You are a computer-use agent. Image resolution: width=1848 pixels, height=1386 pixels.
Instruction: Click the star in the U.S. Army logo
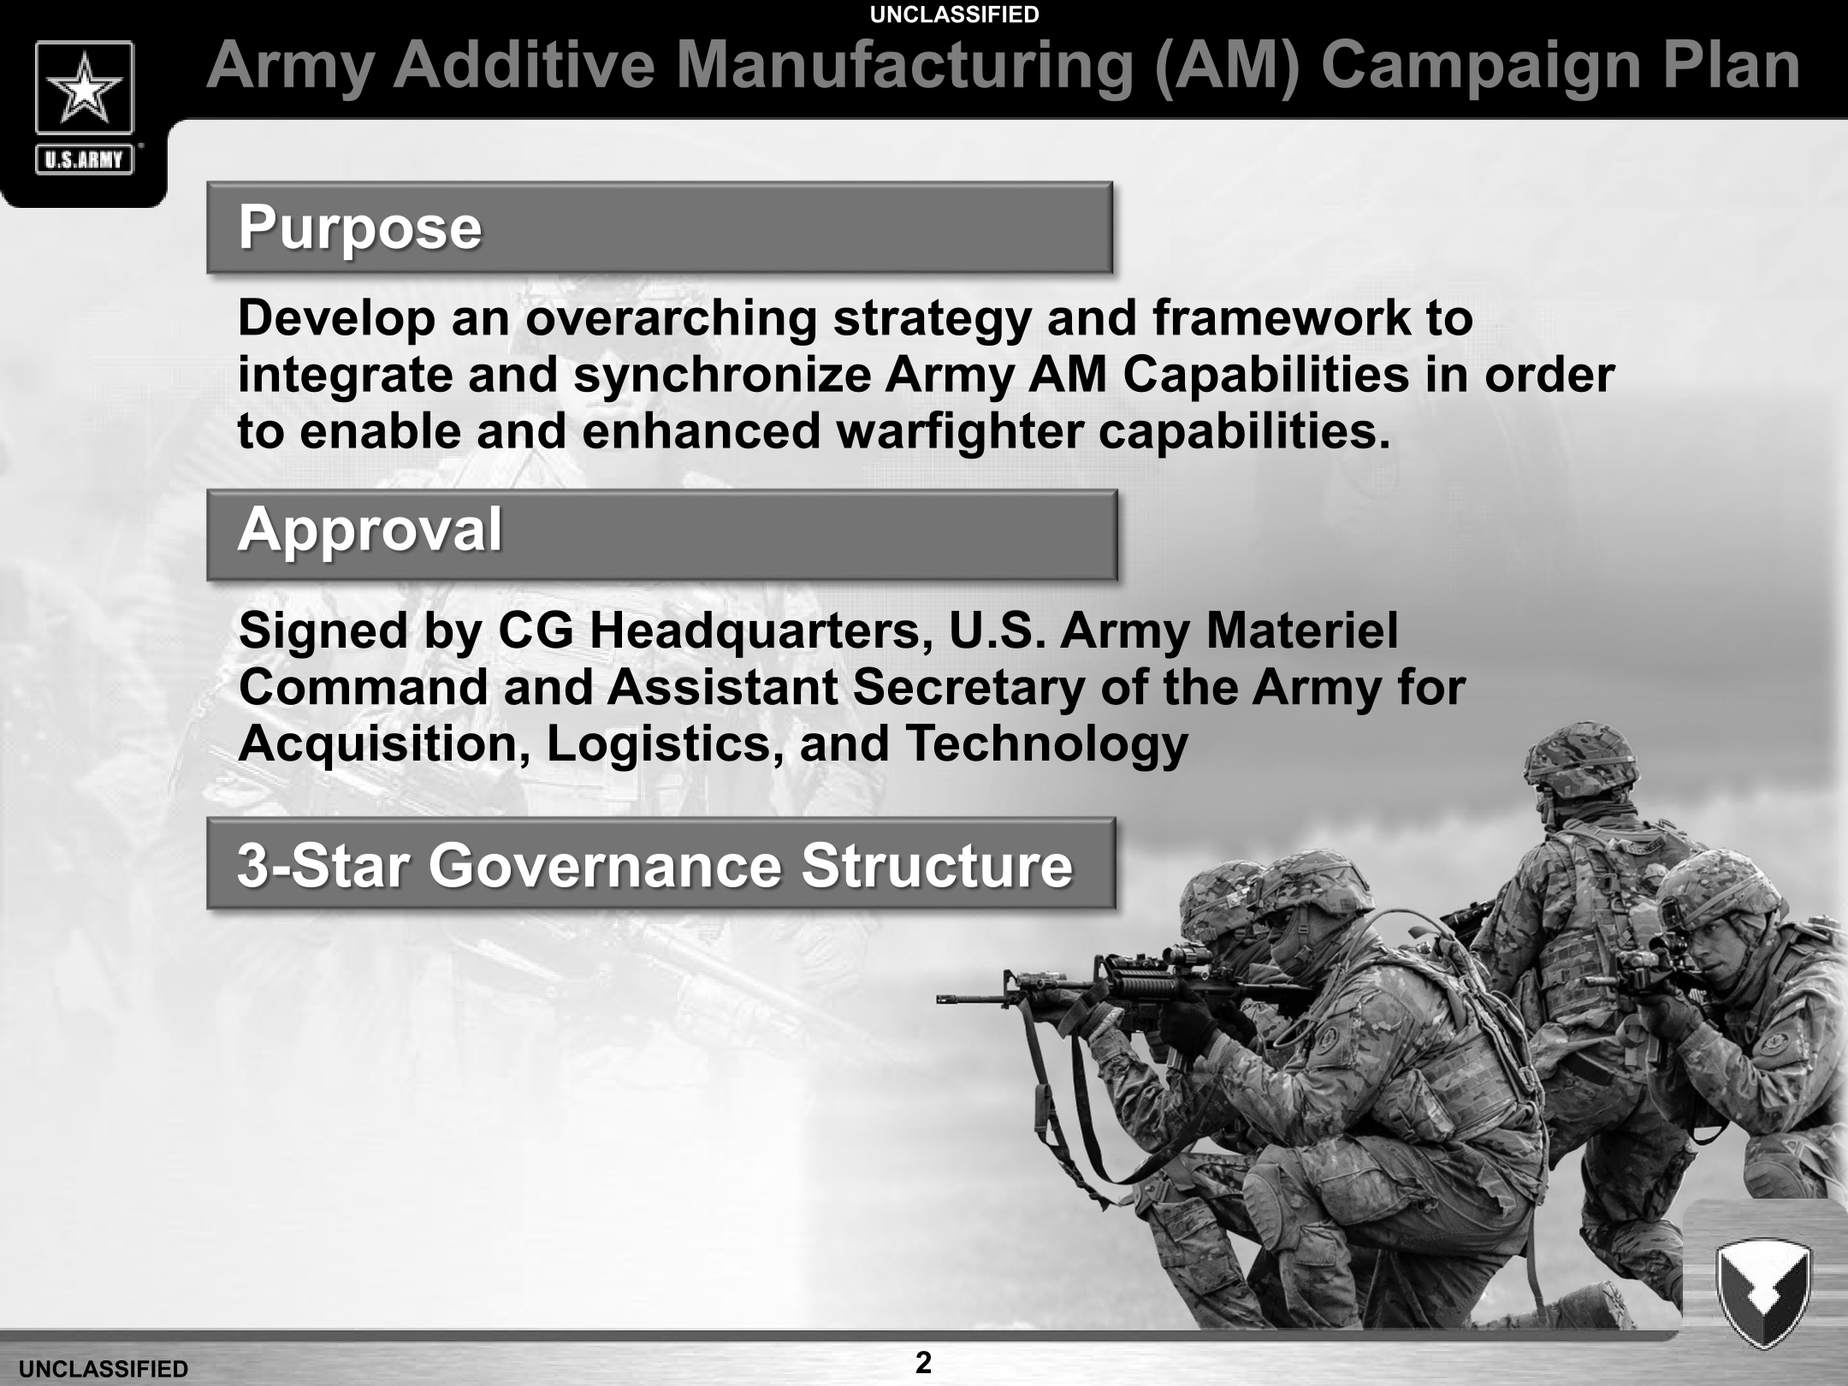84,88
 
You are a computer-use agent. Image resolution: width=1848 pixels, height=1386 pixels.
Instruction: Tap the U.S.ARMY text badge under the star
84,160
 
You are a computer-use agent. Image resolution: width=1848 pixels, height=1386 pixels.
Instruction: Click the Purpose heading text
360,229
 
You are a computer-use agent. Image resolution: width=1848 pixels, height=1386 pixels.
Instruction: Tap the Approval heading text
370,530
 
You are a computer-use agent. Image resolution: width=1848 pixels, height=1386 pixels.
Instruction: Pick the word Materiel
1302,631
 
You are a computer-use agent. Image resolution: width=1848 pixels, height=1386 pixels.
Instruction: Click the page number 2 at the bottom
923,1362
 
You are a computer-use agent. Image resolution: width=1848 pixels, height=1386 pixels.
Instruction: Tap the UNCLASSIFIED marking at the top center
954,15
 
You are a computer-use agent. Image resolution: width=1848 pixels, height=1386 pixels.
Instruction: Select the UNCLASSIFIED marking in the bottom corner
104,1370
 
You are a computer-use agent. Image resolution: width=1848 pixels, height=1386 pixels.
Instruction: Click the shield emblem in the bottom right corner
1763,1293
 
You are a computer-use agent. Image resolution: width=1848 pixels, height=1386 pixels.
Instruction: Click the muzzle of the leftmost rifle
942,998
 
